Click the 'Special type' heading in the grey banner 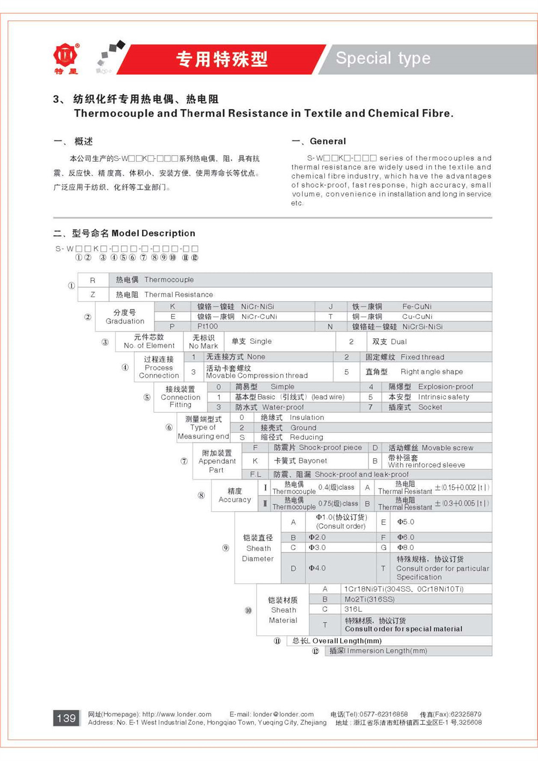pyautogui.click(x=383, y=58)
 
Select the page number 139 pyautogui.click(x=66, y=718)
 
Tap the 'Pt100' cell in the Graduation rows pyautogui.click(x=208, y=327)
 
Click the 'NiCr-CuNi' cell pyautogui.click(x=259, y=316)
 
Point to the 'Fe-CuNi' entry pyautogui.click(x=417, y=306)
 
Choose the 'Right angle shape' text pyautogui.click(x=431, y=371)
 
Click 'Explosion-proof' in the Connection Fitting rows pyautogui.click(x=445, y=386)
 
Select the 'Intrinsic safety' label pyautogui.click(x=443, y=397)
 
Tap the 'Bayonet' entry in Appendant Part pyautogui.click(x=313, y=461)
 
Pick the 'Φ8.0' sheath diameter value pyautogui.click(x=406, y=547)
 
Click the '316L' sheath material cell pyautogui.click(x=353, y=609)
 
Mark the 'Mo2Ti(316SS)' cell pyautogui.click(x=370, y=599)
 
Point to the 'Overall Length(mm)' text pyautogui.click(x=347, y=641)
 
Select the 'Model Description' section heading pyautogui.click(x=153, y=233)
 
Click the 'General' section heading pyautogui.click(x=328, y=141)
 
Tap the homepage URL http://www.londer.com pyautogui.click(x=176, y=714)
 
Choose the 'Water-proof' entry pyautogui.click(x=283, y=407)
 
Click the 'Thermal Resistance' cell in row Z pyautogui.click(x=179, y=294)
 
